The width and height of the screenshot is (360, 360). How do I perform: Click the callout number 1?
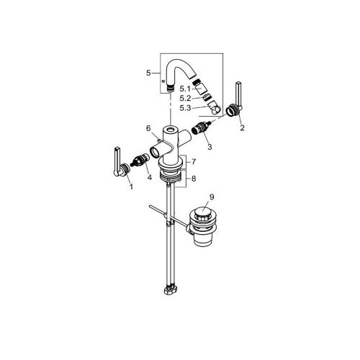pyautogui.click(x=131, y=186)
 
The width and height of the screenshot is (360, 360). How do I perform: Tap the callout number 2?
pyautogui.click(x=242, y=127)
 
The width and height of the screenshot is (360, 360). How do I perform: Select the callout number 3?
pyautogui.click(x=210, y=147)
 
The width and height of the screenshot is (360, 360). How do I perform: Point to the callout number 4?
pyautogui.click(x=149, y=178)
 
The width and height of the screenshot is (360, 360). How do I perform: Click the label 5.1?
pyautogui.click(x=185, y=89)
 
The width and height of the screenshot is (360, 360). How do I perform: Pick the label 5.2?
pyautogui.click(x=185, y=99)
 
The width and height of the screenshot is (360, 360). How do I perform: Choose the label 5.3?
pyautogui.click(x=185, y=108)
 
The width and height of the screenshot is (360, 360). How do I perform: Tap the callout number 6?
pyautogui.click(x=148, y=128)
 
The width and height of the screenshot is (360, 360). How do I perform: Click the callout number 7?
pyautogui.click(x=194, y=162)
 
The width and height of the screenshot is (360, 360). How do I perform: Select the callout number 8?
pyautogui.click(x=194, y=179)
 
